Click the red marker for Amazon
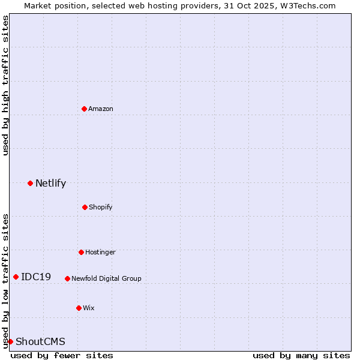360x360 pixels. click(85, 109)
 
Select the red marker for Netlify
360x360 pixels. click(30, 183)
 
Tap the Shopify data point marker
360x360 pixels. click(85, 207)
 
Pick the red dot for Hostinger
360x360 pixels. click(81, 252)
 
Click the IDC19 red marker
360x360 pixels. click(16, 277)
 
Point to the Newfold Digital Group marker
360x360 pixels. click(67, 278)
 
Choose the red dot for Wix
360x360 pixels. click(79, 308)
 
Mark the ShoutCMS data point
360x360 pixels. click(10, 341)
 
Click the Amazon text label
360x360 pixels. click(101, 109)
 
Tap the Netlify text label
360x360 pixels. click(50, 183)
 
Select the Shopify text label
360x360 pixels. click(101, 207)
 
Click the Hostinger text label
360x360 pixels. click(100, 252)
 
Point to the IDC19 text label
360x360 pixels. click(36, 277)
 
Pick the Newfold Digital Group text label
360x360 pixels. click(106, 278)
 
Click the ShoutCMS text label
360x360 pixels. click(40, 341)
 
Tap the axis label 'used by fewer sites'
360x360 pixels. click(62, 355)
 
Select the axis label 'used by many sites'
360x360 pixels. click(301, 355)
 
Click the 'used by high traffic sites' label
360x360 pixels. click(5, 85)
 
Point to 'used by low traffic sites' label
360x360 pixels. click(5, 280)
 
